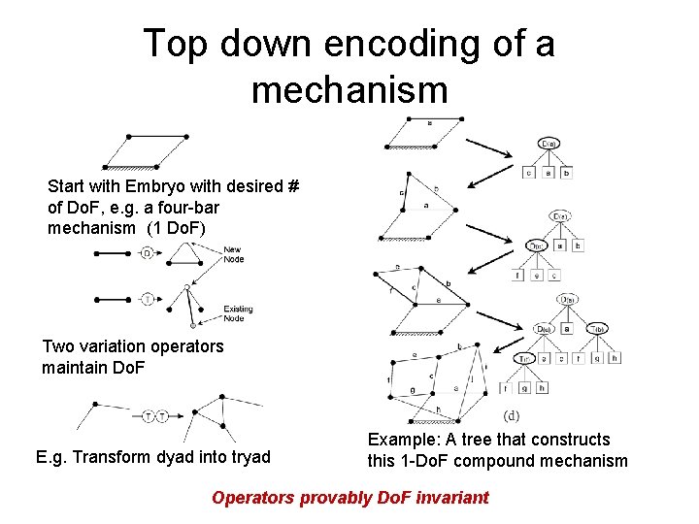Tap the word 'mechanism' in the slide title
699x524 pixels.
[349, 90]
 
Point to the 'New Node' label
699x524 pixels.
[233, 255]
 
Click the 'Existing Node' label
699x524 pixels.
[237, 313]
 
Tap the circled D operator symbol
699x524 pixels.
[147, 254]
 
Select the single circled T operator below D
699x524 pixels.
[147, 298]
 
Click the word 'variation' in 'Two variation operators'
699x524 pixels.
[123, 346]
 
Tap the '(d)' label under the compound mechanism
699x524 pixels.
[513, 414]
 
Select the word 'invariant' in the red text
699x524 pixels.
[448, 498]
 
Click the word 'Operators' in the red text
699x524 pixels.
[252, 498]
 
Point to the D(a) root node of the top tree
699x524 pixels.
[549, 145]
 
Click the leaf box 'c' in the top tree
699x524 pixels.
[528, 173]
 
